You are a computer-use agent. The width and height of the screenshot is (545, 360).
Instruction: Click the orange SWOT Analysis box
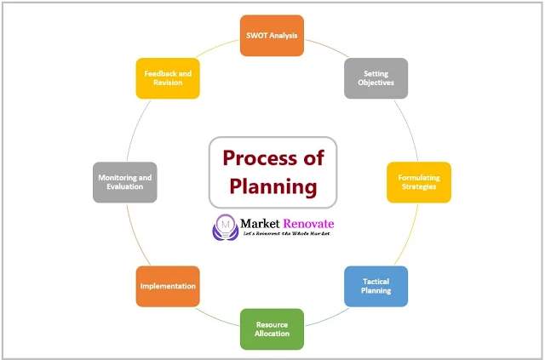point(272,36)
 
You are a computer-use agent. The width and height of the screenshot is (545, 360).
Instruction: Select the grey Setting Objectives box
point(376,78)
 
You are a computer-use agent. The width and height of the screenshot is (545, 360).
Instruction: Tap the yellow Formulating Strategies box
point(418,182)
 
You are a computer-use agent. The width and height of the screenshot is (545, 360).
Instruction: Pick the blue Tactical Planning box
point(376,286)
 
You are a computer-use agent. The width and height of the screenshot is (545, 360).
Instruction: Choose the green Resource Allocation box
point(272,329)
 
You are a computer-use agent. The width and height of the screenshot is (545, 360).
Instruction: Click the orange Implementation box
point(168,286)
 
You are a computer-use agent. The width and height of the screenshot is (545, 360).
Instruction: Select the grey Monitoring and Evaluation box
point(125,182)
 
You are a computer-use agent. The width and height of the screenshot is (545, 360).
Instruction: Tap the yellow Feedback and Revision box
point(168,78)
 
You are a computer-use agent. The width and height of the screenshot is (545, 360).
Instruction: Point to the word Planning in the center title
point(272,186)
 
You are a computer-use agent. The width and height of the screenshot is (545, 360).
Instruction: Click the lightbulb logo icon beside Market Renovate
point(226,226)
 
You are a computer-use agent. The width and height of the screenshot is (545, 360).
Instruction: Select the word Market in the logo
point(261,223)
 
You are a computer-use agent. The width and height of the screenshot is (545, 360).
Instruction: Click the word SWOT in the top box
point(256,36)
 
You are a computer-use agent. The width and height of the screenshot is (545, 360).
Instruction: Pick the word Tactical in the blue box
point(376,281)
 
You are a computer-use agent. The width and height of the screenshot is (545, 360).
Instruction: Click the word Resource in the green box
point(272,323)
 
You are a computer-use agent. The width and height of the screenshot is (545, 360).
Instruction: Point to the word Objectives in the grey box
point(376,83)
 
